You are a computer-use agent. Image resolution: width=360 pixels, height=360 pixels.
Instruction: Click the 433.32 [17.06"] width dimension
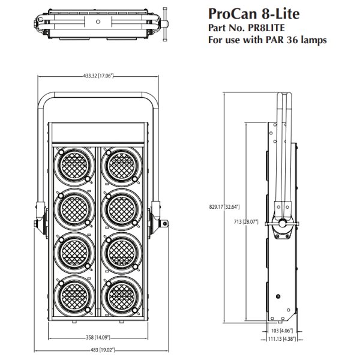(x=98, y=76)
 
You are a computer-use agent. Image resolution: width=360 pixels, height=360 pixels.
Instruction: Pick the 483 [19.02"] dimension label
(x=98, y=349)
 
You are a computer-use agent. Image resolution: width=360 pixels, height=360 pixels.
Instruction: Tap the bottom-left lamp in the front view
(x=74, y=297)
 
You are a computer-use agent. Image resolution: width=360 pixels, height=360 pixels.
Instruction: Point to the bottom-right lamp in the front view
(x=122, y=297)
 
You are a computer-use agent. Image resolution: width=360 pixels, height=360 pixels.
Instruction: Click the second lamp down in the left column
(x=74, y=209)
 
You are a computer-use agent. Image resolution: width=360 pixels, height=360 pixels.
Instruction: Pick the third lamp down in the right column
(x=122, y=253)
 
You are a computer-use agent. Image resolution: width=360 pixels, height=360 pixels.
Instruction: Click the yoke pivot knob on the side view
(x=281, y=226)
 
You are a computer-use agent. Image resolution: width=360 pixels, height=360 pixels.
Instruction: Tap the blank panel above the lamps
(x=98, y=133)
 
